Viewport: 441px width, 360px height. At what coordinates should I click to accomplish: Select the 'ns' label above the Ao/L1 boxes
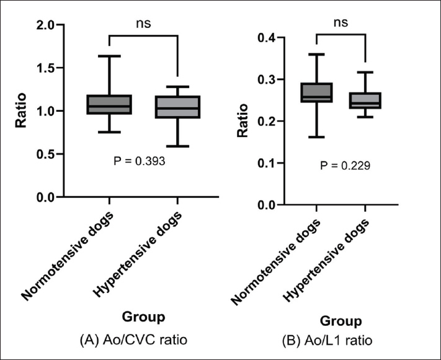[x=341, y=23]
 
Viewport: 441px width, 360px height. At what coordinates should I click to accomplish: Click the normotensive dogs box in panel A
[x=109, y=104]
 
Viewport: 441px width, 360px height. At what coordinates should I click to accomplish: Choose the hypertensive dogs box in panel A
[x=178, y=107]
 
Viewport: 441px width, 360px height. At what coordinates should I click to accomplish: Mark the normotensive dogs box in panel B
[x=316, y=92]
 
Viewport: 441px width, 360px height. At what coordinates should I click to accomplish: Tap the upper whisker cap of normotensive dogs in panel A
[x=109, y=56]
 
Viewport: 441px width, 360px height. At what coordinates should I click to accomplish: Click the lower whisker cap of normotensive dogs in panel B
[x=316, y=137]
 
